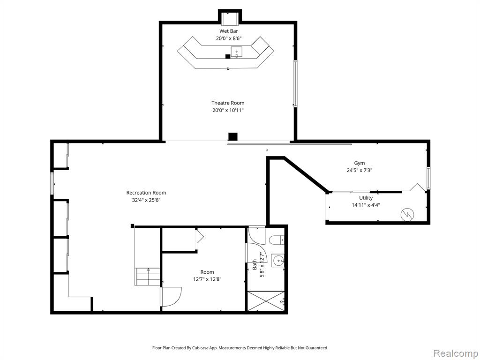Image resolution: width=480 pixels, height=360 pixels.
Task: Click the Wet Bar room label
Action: [x=228, y=31]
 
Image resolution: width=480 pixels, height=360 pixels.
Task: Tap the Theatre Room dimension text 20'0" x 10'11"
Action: [x=228, y=110]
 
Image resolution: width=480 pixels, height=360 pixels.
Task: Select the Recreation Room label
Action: [x=146, y=193]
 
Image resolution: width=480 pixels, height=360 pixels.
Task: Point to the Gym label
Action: [x=360, y=163]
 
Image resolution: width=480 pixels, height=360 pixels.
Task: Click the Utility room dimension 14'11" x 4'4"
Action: [x=366, y=205]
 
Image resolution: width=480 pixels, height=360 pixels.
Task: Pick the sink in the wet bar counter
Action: [x=236, y=52]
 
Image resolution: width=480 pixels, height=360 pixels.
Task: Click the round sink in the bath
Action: [x=278, y=261]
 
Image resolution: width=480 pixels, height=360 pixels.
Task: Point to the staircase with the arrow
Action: [x=148, y=277]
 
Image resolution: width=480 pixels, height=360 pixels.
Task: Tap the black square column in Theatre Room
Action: [x=233, y=136]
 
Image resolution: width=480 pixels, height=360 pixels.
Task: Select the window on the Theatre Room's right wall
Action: [x=295, y=83]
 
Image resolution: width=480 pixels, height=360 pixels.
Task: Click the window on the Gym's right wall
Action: [x=428, y=178]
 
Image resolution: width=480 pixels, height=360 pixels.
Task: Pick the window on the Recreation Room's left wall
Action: [x=52, y=183]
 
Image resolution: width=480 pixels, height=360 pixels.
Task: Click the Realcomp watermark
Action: [x=456, y=353]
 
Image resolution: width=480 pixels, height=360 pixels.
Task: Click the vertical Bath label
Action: [x=255, y=265]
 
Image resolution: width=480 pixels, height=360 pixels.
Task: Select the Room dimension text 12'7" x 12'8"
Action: [x=207, y=279]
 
